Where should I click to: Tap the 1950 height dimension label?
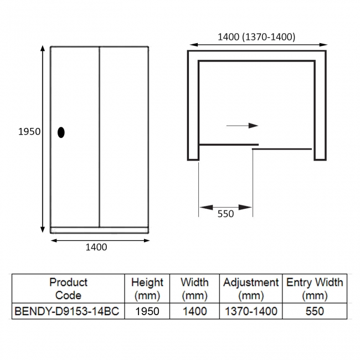tap(29, 132)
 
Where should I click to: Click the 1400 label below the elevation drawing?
tap(96, 247)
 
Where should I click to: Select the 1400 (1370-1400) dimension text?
tap(256, 37)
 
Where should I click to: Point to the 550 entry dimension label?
tap(225, 214)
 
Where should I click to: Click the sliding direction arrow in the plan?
tap(243, 126)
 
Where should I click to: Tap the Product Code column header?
tap(68, 289)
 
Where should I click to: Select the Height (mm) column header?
tap(147, 289)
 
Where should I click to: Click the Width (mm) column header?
tap(194, 289)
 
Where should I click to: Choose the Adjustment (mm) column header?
tap(250, 289)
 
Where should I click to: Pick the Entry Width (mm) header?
tap(315, 289)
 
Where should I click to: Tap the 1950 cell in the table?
tap(147, 311)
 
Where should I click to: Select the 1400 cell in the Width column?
tap(194, 311)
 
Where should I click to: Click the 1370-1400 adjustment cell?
tap(250, 311)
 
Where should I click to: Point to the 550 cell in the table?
tap(315, 311)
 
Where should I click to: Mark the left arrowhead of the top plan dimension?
tap(192, 45)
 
